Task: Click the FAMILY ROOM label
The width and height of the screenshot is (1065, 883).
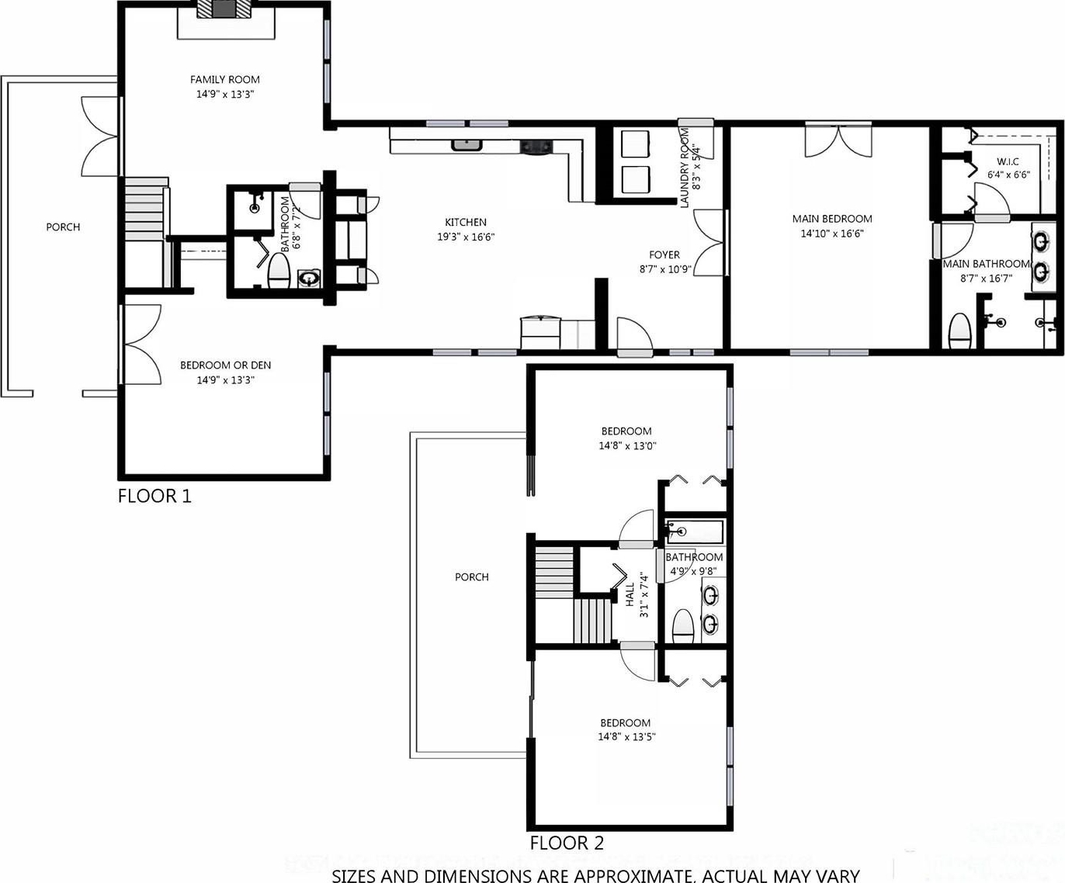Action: (x=225, y=79)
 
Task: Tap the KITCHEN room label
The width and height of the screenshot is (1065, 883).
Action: (x=466, y=222)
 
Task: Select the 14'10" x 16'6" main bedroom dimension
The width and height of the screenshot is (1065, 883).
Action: (x=832, y=234)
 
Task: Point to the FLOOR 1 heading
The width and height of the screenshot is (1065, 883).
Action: (x=154, y=496)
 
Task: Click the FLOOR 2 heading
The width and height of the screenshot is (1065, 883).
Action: (x=567, y=843)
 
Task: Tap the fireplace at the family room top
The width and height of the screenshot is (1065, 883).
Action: (x=225, y=9)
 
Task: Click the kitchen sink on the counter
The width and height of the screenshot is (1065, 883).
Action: (x=467, y=145)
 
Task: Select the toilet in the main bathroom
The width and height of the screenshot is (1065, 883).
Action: (x=959, y=331)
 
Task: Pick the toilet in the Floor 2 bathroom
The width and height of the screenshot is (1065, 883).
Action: (x=683, y=627)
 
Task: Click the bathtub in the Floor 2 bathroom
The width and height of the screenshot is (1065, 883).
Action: (x=694, y=532)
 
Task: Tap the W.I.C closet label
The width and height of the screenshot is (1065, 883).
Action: (x=1008, y=161)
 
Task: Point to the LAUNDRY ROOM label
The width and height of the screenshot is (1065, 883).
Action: (x=685, y=168)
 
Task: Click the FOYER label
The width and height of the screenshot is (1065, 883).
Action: (x=664, y=255)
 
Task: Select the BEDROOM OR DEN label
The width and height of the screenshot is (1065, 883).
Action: (x=225, y=365)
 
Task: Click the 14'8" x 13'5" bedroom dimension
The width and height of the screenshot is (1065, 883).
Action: (x=627, y=736)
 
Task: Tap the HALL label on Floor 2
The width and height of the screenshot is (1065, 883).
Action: (x=630, y=594)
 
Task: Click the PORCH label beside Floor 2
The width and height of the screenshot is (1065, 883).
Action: (x=472, y=577)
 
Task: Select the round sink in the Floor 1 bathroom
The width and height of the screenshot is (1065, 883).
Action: (x=309, y=279)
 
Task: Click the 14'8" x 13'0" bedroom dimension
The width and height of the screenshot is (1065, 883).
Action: (x=627, y=445)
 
